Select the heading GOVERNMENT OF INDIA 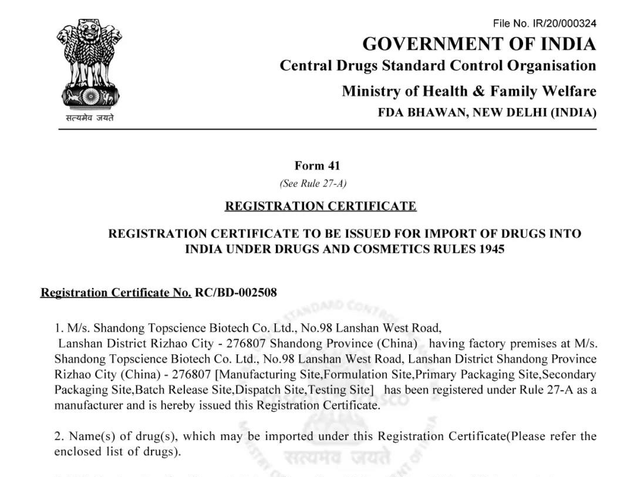(x=479, y=44)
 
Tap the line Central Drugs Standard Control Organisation (x=438, y=66)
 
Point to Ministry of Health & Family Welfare (x=469, y=92)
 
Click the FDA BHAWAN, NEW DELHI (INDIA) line (x=487, y=113)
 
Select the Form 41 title (x=317, y=166)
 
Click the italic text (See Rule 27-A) (x=313, y=184)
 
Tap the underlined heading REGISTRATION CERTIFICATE (x=321, y=206)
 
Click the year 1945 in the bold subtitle (x=491, y=249)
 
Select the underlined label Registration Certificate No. (x=116, y=292)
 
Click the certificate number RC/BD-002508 (x=236, y=292)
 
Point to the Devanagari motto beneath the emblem (x=89, y=118)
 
